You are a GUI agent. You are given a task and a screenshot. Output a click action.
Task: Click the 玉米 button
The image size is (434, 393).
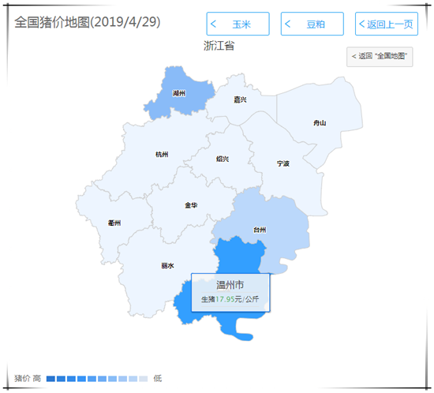[238, 24]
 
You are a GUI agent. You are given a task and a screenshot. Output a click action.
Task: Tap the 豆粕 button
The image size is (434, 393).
[312, 24]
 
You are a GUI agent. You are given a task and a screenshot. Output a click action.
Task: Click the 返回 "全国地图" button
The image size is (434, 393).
[380, 56]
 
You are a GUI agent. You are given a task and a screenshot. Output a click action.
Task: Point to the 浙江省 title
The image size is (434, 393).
[218, 46]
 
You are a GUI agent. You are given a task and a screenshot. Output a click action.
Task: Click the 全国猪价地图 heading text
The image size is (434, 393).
[87, 21]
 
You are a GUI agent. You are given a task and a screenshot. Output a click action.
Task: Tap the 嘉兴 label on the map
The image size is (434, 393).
[240, 100]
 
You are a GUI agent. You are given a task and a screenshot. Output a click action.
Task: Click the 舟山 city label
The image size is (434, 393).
[319, 123]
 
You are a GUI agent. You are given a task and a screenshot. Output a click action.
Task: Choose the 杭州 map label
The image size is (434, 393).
[162, 155]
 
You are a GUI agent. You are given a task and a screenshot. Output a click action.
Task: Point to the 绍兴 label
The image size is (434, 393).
[223, 159]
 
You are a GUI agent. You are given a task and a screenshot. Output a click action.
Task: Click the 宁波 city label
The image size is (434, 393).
[283, 163]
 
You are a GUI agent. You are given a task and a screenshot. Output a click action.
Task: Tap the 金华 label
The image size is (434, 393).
[191, 205]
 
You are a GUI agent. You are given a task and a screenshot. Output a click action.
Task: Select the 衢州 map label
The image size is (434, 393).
[115, 223]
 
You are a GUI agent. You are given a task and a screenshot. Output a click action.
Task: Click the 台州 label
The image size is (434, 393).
[260, 230]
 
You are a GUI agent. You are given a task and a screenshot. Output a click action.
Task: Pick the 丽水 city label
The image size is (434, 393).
[166, 266]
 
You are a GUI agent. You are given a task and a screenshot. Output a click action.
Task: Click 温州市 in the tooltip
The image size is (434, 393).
[230, 285]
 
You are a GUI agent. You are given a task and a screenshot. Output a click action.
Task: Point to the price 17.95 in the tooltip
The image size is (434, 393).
[228, 300]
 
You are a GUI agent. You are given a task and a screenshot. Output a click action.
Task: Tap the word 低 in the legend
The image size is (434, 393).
[157, 379]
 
